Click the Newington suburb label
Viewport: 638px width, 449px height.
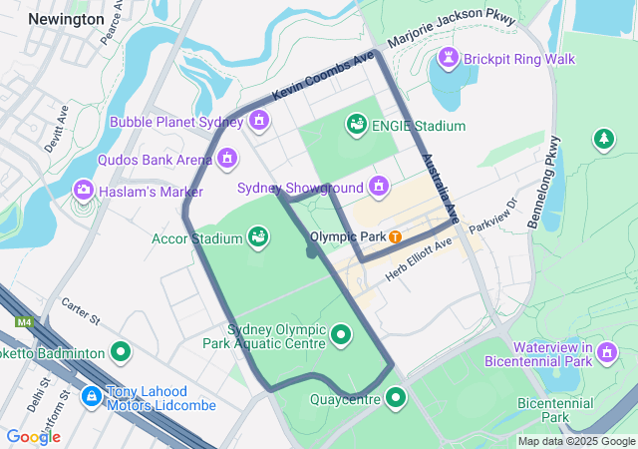66,19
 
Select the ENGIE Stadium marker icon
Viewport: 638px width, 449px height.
356,125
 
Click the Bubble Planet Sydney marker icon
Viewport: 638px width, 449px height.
259,122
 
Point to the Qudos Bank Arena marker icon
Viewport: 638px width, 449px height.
227,158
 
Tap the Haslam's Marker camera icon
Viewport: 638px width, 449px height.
84,190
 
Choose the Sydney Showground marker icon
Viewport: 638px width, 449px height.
379,186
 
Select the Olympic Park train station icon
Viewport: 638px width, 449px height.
396,237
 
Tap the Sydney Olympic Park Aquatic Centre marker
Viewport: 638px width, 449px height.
342,335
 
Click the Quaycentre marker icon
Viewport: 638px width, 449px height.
397,399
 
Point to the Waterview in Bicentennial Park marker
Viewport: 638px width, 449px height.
607,351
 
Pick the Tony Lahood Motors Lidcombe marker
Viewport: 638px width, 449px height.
91,397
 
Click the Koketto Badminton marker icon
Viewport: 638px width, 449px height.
122,351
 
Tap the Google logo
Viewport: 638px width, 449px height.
33,436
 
